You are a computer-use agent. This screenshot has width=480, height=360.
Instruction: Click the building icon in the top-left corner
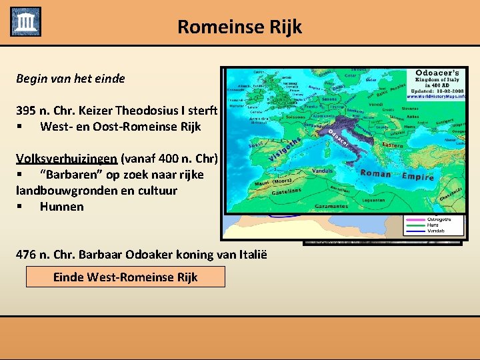point(25,21)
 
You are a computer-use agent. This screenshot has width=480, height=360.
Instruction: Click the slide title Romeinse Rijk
point(239,27)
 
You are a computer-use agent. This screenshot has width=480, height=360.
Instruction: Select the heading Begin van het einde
point(70,78)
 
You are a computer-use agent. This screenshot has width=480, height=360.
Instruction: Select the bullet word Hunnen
point(61,206)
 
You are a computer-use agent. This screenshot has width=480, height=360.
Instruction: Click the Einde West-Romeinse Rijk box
point(125,277)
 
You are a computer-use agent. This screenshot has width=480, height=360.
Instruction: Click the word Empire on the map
point(417,177)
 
